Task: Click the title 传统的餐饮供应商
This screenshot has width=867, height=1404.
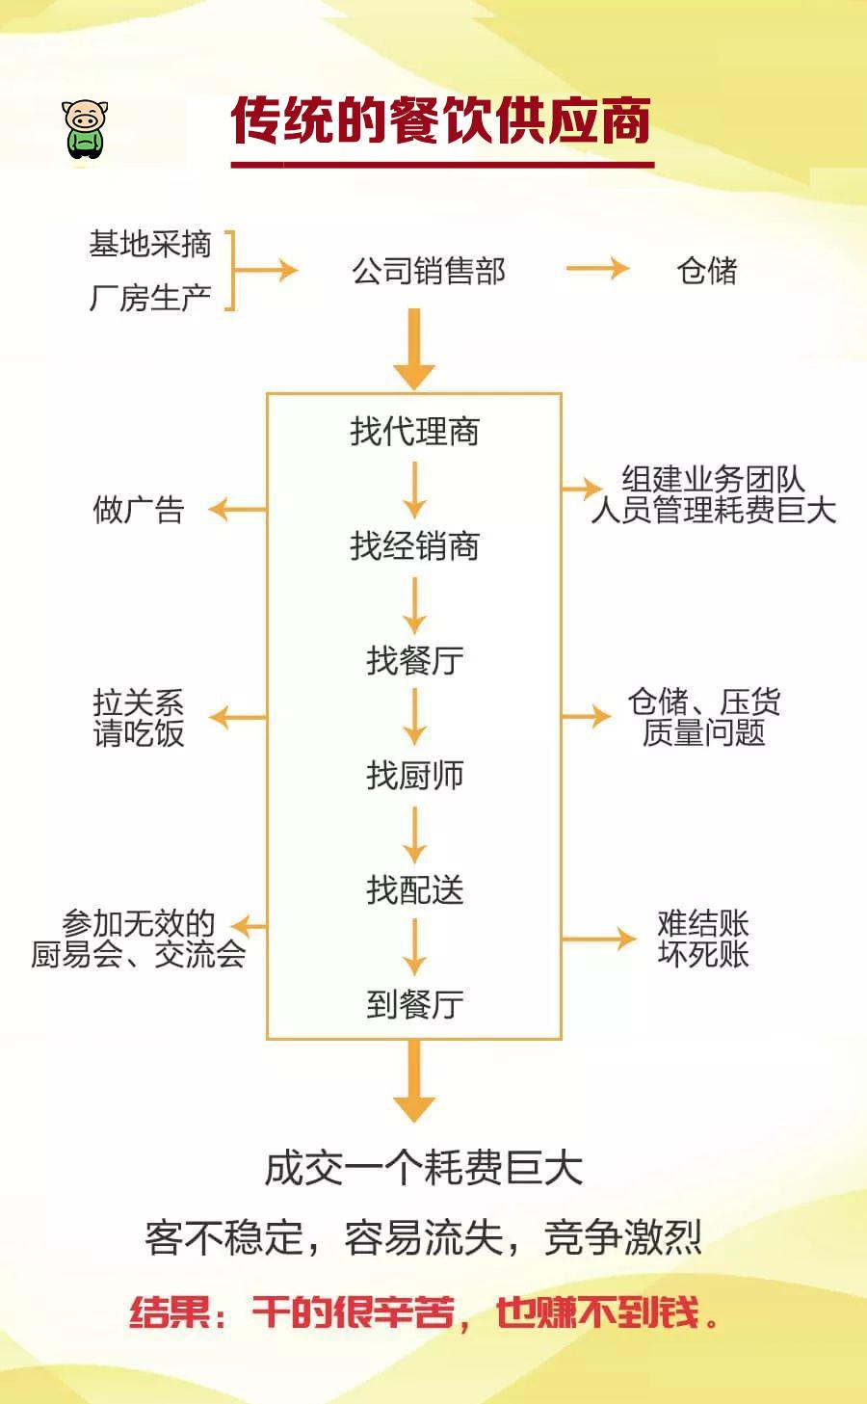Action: coord(441,121)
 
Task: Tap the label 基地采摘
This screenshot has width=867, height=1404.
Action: coord(149,245)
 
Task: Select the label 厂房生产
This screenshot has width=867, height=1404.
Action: coord(149,298)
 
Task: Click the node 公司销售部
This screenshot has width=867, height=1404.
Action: coord(428,272)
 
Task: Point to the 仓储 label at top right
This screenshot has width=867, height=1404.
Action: coord(706,271)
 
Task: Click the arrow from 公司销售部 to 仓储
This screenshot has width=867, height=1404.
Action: coord(597,269)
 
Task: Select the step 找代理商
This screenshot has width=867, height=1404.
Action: coord(414,431)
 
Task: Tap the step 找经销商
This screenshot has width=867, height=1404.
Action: coord(414,546)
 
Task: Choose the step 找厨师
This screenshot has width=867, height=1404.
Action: coord(414,775)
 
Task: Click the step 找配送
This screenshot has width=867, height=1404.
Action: coord(414,889)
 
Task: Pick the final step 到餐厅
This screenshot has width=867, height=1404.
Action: coord(414,1004)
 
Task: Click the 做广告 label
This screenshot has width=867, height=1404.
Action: coord(138,510)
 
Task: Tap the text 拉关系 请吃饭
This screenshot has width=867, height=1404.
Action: coord(138,718)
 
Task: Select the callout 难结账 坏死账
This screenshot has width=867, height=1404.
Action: coord(702,939)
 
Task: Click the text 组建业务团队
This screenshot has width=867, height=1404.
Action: coord(712,479)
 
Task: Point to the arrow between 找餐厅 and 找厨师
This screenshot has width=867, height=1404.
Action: coord(414,717)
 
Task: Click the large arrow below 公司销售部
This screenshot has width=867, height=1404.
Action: coord(414,349)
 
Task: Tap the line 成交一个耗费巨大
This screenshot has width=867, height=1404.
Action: coord(423,1168)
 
